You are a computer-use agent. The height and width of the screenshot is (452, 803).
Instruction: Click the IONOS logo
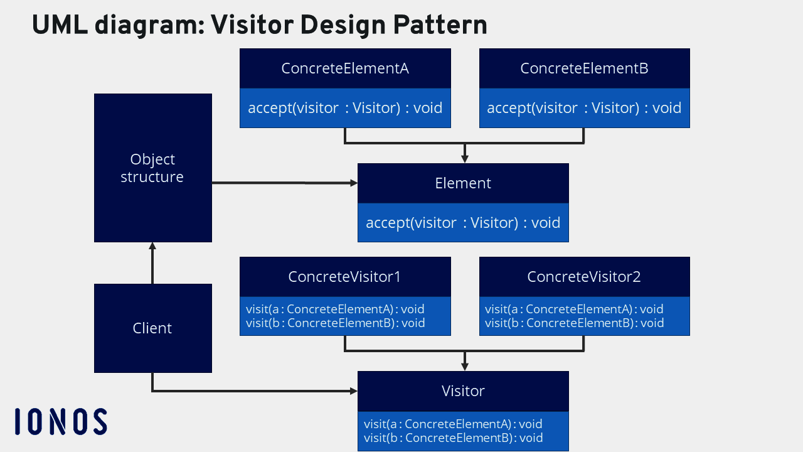pos(60,421)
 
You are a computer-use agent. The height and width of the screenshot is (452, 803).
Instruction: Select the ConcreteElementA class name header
pos(345,68)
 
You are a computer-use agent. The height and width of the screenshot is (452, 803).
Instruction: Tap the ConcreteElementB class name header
pos(584,68)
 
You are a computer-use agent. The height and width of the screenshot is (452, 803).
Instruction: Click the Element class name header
pos(463,183)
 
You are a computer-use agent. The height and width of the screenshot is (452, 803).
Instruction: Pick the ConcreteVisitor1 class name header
pos(344,277)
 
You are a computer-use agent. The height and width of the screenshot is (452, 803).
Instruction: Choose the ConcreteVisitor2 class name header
pos(584,277)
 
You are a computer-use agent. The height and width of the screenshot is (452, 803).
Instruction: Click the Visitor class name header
pos(463,391)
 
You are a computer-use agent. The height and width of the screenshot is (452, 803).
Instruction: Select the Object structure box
pos(152,168)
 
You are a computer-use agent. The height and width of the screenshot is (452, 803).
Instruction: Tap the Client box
pos(152,328)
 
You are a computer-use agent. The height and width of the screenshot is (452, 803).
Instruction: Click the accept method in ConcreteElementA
pos(345,108)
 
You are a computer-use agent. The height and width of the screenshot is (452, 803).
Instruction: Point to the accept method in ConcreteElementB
pos(584,108)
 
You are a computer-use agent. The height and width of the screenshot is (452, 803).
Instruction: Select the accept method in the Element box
pos(463,223)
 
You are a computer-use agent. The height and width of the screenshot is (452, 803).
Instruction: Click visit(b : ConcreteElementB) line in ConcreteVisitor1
pos(336,323)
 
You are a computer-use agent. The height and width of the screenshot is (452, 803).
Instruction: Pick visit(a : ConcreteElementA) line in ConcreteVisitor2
pos(574,309)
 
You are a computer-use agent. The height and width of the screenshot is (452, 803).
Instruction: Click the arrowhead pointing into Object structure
pos(152,246)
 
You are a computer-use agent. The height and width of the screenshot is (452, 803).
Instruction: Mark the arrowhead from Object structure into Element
pos(353,183)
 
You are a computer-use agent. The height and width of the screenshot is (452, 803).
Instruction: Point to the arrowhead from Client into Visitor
pos(353,391)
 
